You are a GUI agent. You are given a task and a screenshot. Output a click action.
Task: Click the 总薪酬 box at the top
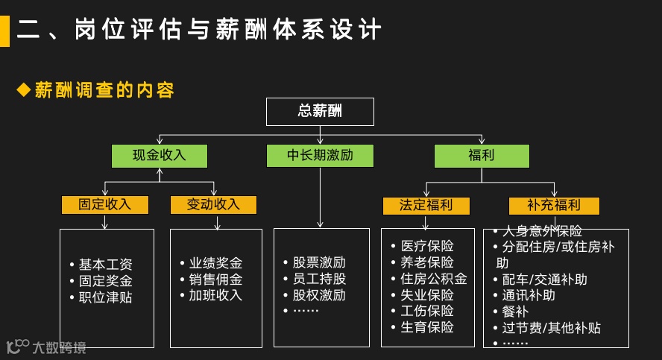(x=320, y=112)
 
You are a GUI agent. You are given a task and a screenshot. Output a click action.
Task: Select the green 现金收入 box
(x=159, y=156)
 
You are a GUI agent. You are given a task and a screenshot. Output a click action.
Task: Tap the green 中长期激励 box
(x=320, y=156)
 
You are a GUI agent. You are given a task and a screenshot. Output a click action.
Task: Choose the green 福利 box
(x=482, y=156)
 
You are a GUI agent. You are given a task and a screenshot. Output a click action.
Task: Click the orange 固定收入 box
(x=105, y=204)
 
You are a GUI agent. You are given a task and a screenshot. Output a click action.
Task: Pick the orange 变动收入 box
(x=213, y=204)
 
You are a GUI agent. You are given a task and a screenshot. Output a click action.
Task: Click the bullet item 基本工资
(x=106, y=265)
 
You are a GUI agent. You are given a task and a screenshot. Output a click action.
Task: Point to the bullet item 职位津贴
(x=106, y=297)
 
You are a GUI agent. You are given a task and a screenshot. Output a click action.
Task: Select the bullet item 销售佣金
(x=215, y=280)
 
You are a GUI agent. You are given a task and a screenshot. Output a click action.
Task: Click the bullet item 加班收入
(x=215, y=295)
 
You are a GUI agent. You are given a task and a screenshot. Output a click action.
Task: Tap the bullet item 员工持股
(x=319, y=279)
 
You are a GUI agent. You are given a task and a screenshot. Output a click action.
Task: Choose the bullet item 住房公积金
(x=434, y=279)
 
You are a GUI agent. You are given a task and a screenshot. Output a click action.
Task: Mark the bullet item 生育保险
(x=427, y=327)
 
